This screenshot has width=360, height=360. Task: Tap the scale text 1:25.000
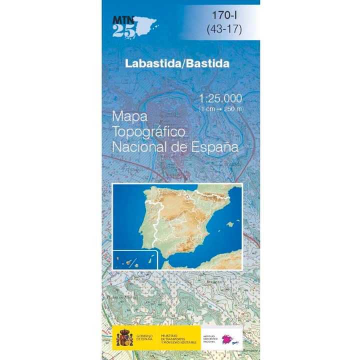pyautogui.click(x=220, y=98)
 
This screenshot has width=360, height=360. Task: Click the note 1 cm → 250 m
pyautogui.click(x=220, y=108)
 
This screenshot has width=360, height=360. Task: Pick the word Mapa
pyautogui.click(x=128, y=116)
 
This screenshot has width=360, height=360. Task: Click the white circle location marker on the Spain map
pyautogui.click(x=187, y=197)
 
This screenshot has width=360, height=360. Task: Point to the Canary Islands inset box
pyautogui.click(x=135, y=259)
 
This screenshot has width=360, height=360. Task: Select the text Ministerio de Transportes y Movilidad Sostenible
pyautogui.click(x=178, y=336)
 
